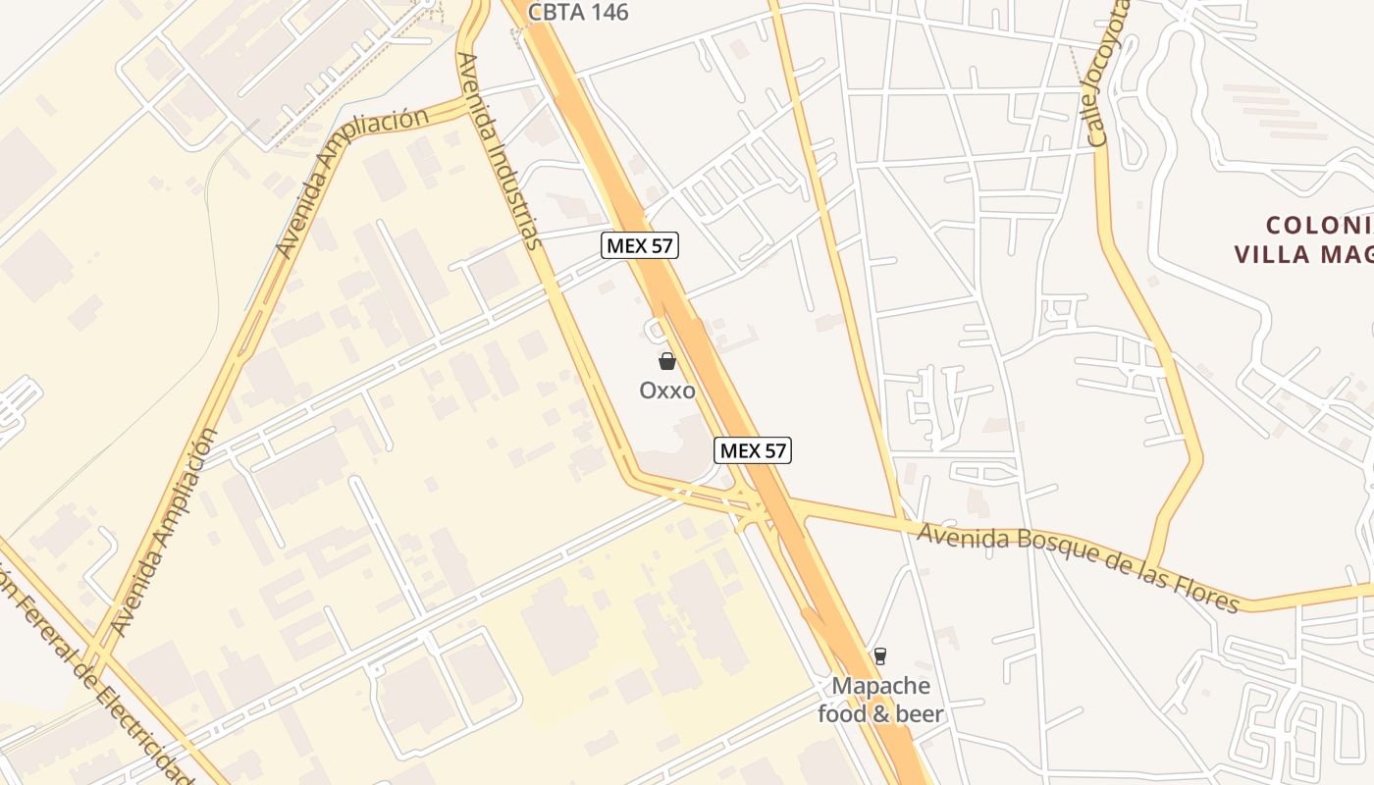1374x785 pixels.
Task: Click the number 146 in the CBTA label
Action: click(x=607, y=13)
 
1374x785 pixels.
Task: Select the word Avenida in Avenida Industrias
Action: click(x=472, y=87)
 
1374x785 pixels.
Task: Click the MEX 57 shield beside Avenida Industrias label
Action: click(x=640, y=245)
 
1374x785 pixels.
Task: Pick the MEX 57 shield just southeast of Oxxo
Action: click(x=752, y=450)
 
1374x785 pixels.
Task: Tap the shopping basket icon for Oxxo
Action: click(x=667, y=361)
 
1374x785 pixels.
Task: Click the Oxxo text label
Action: click(x=667, y=391)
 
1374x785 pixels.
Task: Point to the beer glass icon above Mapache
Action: click(x=880, y=655)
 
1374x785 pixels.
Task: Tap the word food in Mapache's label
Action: click(x=843, y=713)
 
